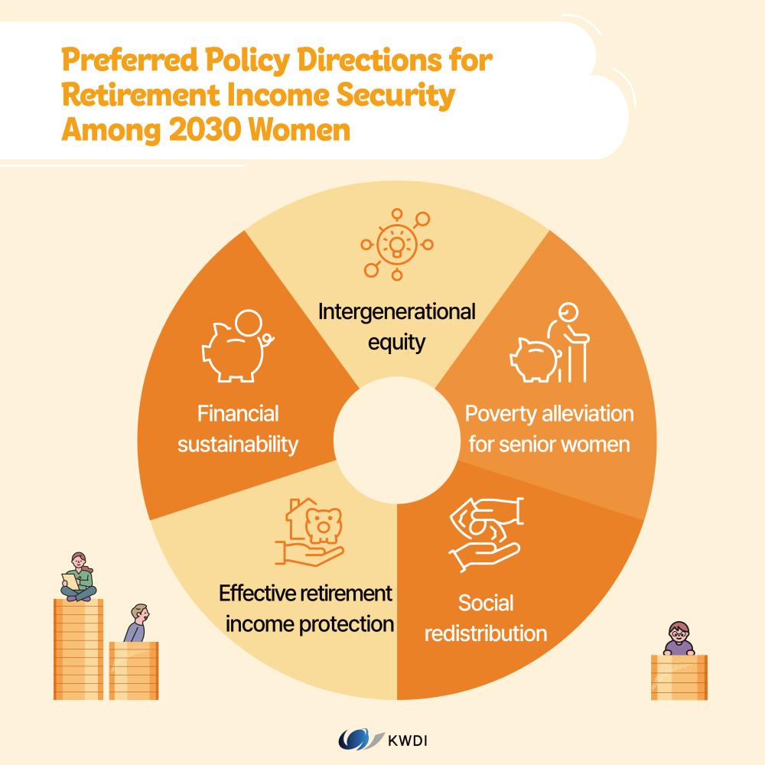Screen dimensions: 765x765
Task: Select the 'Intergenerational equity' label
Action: click(396, 326)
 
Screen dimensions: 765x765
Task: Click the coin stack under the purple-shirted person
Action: click(679, 676)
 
